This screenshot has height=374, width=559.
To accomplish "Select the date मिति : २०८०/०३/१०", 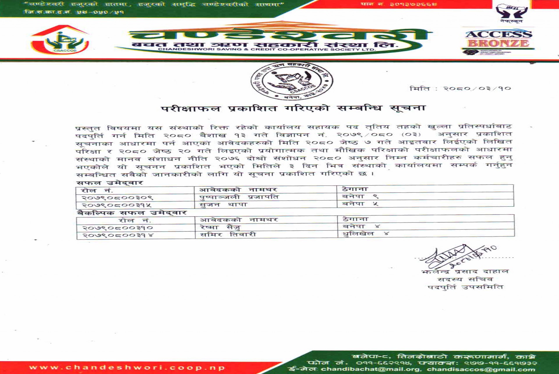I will [460, 88].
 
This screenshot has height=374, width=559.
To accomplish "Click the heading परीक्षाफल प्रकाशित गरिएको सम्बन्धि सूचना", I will [293, 108].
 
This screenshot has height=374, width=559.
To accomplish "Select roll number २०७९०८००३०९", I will [117, 198].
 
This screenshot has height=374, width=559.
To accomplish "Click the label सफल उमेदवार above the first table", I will [109, 183].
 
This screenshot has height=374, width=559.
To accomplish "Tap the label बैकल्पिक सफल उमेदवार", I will [132, 213].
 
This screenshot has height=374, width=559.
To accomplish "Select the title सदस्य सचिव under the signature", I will [465, 279].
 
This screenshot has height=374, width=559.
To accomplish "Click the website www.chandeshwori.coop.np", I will [127, 368].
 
